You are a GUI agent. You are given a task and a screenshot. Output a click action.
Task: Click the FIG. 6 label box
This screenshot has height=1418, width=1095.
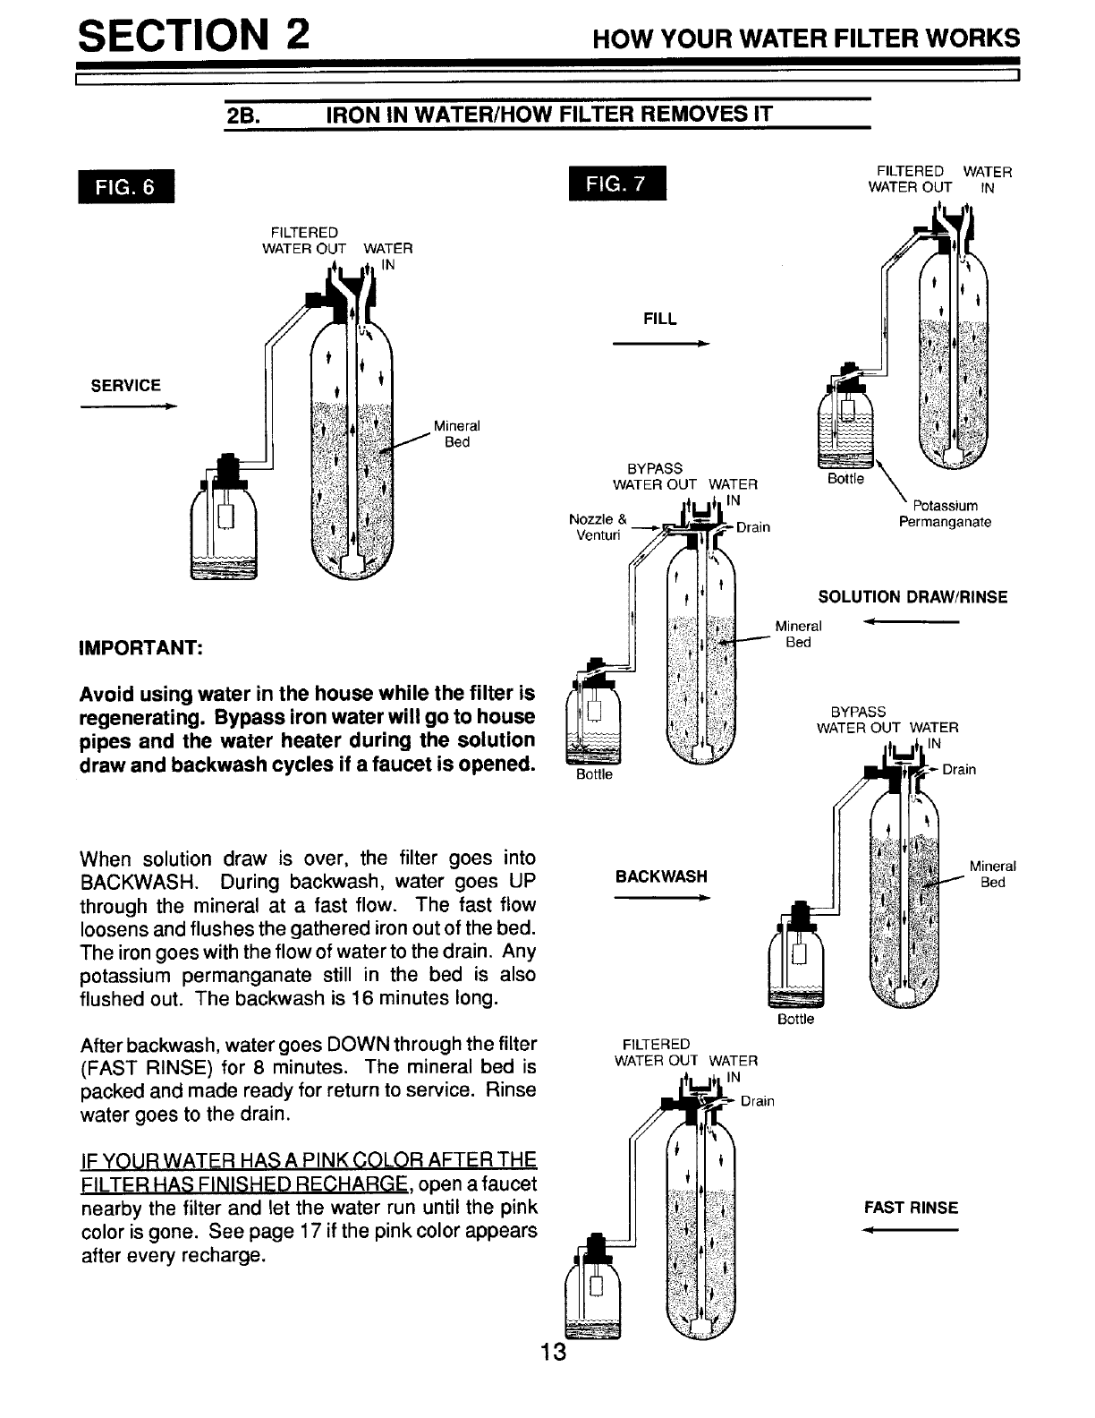126,187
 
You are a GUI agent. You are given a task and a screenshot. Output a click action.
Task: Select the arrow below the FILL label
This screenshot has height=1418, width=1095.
660,344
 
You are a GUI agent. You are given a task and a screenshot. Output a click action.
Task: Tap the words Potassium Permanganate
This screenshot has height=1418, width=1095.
946,514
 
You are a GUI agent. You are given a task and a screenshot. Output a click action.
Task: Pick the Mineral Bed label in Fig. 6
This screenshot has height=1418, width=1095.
456,434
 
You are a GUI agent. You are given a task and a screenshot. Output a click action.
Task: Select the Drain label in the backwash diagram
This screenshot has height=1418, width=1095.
958,769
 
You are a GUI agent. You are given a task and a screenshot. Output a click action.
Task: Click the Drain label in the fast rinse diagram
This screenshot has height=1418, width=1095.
757,1101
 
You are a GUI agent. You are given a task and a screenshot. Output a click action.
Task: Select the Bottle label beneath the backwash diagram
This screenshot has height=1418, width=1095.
795,1020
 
